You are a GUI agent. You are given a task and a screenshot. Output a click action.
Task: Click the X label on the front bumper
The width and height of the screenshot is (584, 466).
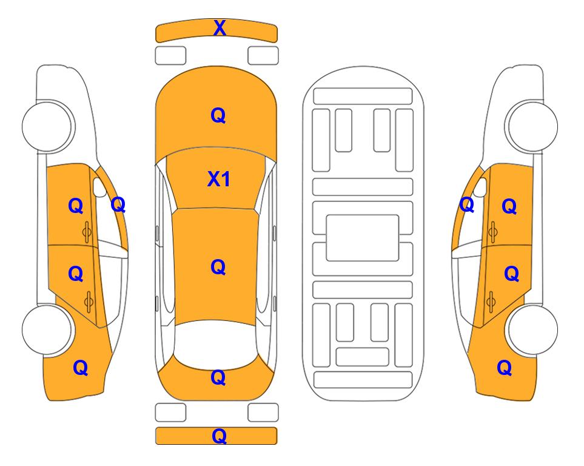[x=220, y=28]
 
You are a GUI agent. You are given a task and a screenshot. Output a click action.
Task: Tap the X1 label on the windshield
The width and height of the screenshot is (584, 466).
[x=219, y=179]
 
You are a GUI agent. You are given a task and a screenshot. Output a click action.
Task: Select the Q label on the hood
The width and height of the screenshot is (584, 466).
[x=218, y=115]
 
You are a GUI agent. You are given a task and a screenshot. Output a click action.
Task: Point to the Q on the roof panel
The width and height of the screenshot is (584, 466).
[x=218, y=267]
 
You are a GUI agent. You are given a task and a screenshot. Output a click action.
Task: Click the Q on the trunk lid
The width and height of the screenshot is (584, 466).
[x=218, y=377]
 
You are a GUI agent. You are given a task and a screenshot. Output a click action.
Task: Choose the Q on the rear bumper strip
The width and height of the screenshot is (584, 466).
[x=219, y=436]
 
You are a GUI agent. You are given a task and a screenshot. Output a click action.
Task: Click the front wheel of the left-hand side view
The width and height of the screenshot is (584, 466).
[x=47, y=126]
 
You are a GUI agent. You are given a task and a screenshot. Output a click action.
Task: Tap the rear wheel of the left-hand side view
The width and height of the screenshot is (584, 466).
[x=47, y=329]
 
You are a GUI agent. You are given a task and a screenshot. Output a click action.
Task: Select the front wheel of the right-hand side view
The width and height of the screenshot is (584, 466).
[x=532, y=126]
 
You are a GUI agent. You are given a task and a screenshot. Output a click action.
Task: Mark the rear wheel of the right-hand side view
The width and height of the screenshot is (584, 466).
[x=532, y=329]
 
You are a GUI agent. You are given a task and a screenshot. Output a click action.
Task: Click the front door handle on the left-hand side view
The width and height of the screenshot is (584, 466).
[x=87, y=232]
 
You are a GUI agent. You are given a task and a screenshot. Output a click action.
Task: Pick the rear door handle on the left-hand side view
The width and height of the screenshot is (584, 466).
[x=89, y=302]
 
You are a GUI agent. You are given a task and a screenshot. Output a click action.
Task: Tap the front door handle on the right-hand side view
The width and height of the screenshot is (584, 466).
[x=492, y=232]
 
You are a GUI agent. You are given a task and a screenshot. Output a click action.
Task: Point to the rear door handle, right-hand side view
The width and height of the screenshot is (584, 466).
[x=491, y=302]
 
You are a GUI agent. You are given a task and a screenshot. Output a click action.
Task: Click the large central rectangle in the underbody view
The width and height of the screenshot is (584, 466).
[x=363, y=238]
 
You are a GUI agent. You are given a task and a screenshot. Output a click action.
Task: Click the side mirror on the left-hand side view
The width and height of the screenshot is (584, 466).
[x=99, y=187]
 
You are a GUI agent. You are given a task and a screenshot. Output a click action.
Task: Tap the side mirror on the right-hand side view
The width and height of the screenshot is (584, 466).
[x=480, y=187]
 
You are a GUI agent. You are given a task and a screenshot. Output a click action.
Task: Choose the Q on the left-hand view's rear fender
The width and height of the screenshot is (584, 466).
[x=80, y=368]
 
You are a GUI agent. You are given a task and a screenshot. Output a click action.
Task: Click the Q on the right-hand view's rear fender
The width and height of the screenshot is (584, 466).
[x=505, y=368]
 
